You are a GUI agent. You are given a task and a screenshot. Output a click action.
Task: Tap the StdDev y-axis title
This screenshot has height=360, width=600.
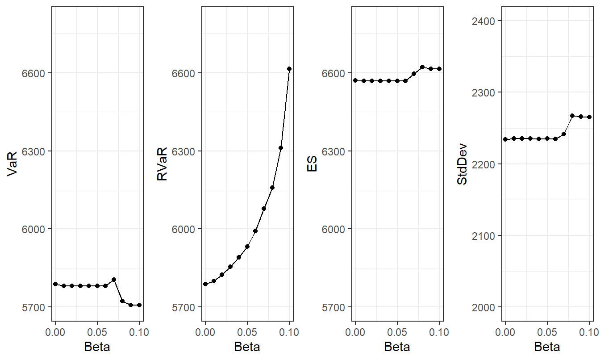click(x=462, y=163)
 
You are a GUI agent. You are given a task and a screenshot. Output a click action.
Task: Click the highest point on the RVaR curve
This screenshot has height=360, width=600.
click(x=289, y=69)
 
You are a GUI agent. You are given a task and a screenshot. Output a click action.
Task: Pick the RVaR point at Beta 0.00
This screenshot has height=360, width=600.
click(x=205, y=284)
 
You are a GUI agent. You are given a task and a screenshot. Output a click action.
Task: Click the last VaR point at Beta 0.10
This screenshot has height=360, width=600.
click(x=139, y=305)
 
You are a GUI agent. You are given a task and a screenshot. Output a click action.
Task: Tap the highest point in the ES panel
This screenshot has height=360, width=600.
click(x=422, y=67)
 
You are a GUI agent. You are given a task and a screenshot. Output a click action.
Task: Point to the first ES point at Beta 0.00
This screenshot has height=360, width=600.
click(x=355, y=80)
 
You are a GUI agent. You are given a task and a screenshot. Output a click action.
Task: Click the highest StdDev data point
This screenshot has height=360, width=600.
click(x=572, y=116)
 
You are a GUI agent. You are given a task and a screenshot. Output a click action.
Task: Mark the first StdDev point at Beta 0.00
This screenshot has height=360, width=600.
click(x=505, y=139)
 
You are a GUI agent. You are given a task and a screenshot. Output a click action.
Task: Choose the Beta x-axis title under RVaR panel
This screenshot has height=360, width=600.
click(x=247, y=347)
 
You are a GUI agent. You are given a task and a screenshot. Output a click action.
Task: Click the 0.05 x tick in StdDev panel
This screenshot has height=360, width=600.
click(x=547, y=332)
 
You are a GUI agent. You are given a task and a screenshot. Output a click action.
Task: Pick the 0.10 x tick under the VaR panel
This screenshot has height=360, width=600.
click(x=139, y=332)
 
